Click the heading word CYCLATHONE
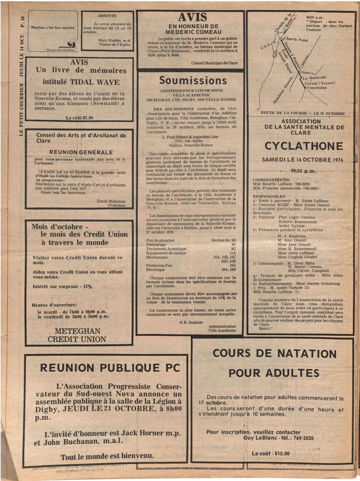click(304, 146)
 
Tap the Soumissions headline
click(193, 80)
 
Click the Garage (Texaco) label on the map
click(320, 83)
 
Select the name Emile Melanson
click(111, 201)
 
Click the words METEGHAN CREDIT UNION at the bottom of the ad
click(77, 335)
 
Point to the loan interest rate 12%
click(87, 286)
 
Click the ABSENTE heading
click(107, 16)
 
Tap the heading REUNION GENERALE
click(81, 152)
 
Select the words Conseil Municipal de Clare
click(214, 63)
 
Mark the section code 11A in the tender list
click(233, 253)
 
